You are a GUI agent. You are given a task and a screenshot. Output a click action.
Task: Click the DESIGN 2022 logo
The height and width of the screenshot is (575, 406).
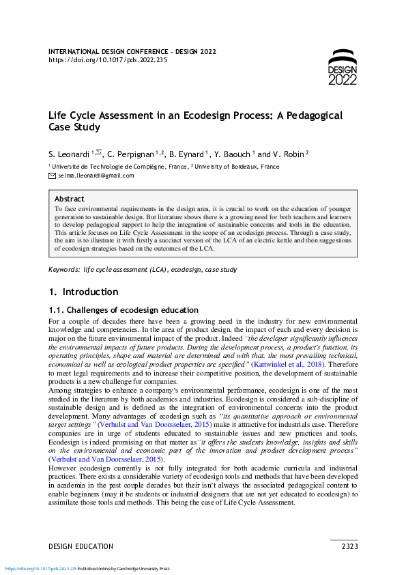click(x=342, y=68)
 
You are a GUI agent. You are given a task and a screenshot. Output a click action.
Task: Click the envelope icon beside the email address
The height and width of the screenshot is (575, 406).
click(x=52, y=176)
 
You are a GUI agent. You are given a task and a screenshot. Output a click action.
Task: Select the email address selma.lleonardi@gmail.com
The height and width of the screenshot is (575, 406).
click(x=96, y=176)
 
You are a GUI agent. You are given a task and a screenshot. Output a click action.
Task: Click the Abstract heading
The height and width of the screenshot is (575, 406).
click(x=70, y=199)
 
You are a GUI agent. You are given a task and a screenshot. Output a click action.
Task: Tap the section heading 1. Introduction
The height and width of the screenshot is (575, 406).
click(x=83, y=292)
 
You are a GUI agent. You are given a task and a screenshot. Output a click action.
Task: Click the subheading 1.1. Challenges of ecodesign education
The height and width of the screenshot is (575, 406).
click(x=123, y=310)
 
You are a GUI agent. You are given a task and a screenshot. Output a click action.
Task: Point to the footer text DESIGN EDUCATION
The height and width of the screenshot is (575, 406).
click(x=81, y=546)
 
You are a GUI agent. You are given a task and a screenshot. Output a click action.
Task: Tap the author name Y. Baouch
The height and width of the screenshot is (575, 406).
click(x=233, y=154)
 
